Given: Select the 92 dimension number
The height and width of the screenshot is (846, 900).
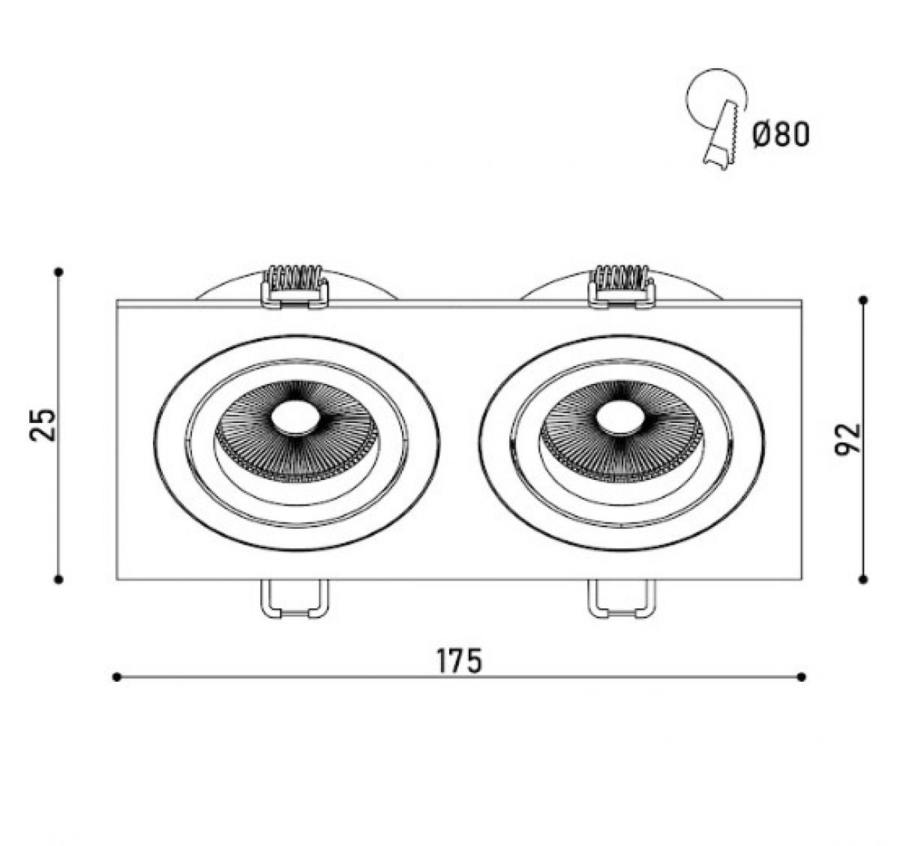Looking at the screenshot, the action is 847,438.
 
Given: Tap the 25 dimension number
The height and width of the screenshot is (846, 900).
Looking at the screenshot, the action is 42,424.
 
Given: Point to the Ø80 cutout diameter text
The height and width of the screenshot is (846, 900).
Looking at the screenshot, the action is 781,135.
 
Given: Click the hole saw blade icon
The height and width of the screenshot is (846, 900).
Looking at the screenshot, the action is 721,135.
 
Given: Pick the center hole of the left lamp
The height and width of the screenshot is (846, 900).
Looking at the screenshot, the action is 295,416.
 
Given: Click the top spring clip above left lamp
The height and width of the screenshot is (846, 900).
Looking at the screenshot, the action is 295,286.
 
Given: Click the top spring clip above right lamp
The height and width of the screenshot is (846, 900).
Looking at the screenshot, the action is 621,286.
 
